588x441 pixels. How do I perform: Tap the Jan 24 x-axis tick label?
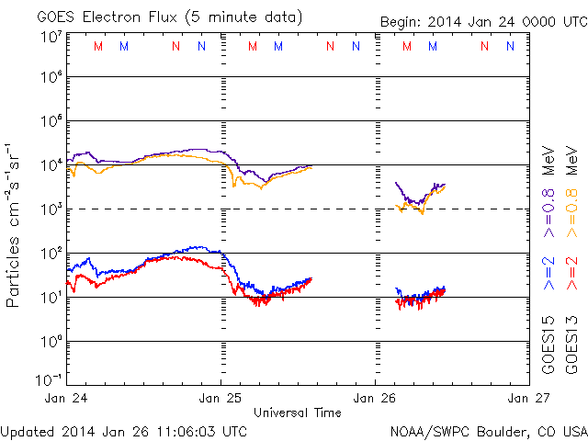tap(67, 398)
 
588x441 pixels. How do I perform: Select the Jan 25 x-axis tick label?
tap(221, 398)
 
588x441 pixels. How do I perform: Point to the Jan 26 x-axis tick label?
tap(376, 398)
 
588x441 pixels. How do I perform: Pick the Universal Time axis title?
tap(298, 412)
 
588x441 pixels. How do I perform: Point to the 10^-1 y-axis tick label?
tap(49, 379)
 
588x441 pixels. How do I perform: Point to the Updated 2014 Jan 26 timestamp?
tap(125, 430)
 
